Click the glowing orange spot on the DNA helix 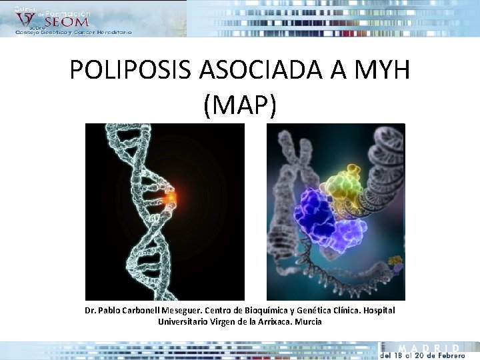coord(172,198)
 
